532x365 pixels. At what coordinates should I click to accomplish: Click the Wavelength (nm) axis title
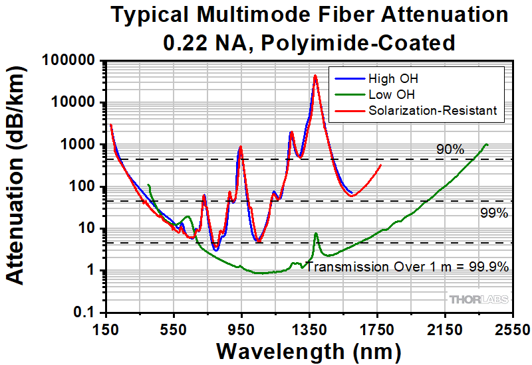[308, 350]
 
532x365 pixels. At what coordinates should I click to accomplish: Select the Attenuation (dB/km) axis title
[18, 187]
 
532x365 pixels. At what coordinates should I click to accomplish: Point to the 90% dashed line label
[450, 150]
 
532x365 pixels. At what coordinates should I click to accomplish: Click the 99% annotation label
[493, 213]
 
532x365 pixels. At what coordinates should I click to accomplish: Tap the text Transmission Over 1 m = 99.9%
[408, 267]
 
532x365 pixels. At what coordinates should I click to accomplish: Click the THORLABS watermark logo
[479, 300]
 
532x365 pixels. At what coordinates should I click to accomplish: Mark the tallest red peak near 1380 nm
[315, 76]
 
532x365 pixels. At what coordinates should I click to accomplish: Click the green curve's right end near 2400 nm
[487, 144]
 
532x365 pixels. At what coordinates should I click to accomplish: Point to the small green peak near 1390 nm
[316, 234]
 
